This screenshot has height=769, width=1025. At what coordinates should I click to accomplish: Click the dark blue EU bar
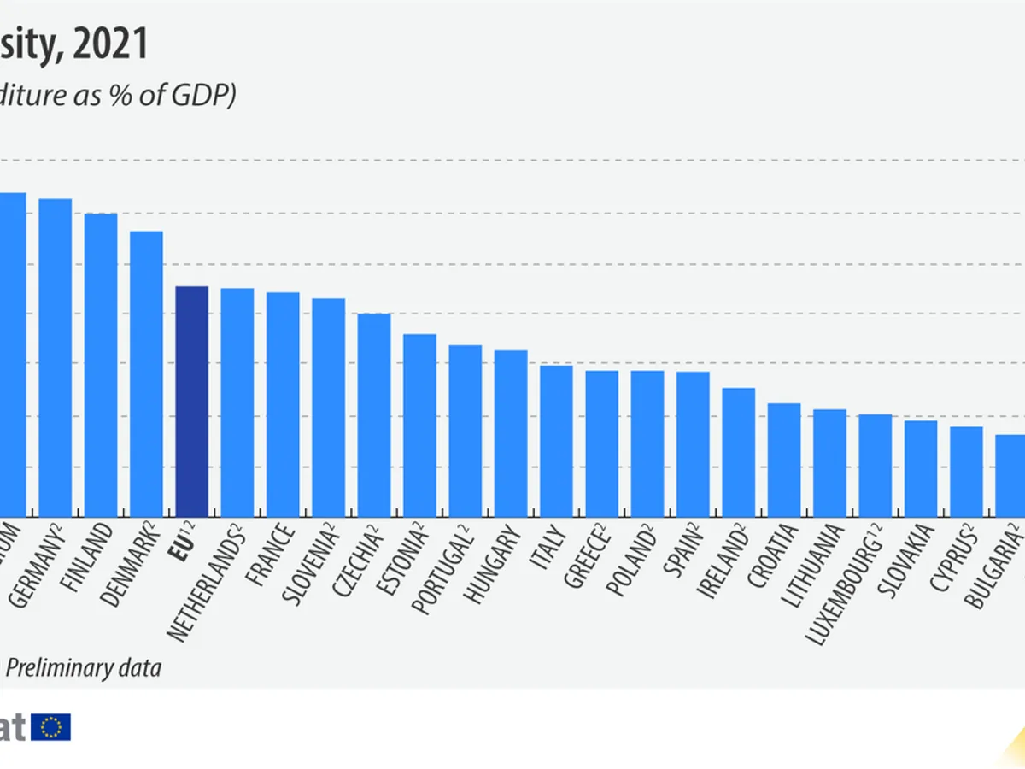[x=191, y=401]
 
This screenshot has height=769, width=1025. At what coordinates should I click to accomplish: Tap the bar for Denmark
[x=146, y=373]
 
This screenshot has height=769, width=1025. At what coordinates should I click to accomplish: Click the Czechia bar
[x=374, y=414]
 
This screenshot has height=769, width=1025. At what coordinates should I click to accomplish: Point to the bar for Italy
[x=556, y=440]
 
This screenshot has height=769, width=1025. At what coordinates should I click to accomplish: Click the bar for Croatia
[x=784, y=459]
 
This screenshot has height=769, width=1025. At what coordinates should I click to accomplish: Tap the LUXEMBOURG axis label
[x=846, y=590]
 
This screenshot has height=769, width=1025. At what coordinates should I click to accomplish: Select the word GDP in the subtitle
[x=195, y=95]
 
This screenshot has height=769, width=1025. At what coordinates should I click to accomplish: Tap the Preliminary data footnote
[x=84, y=667]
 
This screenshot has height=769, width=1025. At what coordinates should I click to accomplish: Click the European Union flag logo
[x=51, y=727]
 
